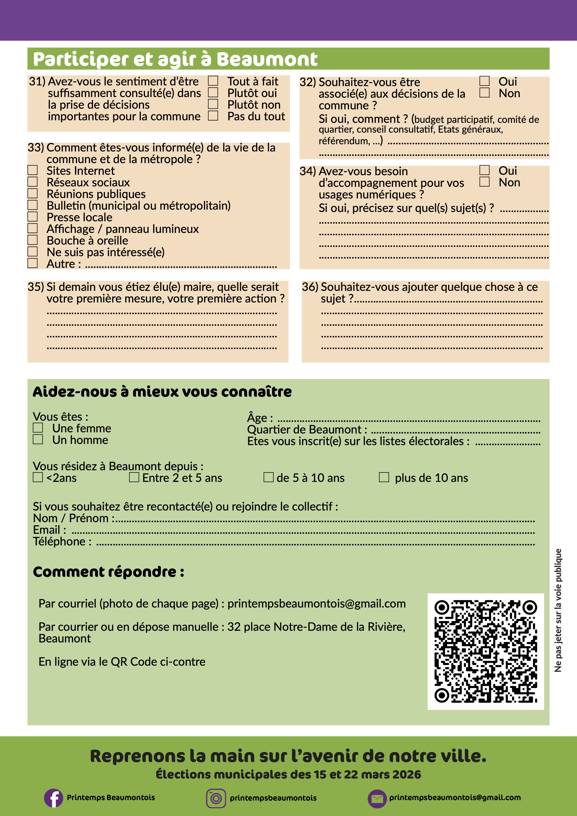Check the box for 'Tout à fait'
point(213,81)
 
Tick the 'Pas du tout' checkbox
point(213,116)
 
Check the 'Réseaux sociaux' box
point(33,182)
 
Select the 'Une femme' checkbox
point(38,428)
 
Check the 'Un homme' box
point(38,439)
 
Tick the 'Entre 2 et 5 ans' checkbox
point(134,477)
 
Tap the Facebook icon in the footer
point(54,798)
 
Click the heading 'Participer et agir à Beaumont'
point(175,59)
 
